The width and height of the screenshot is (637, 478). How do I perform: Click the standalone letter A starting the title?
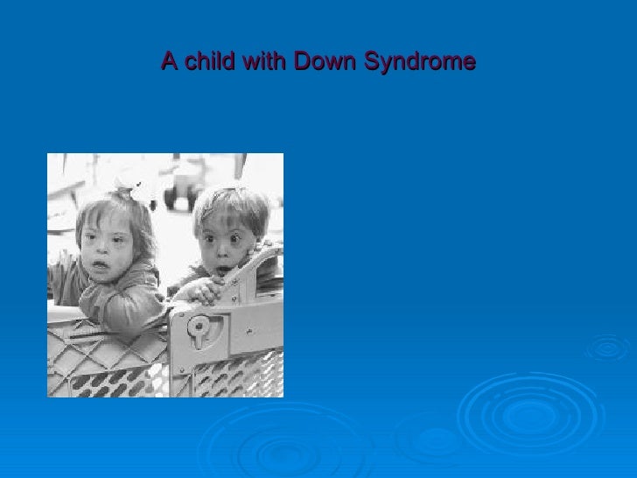click(x=169, y=62)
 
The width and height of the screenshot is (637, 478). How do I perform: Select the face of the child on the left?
click(x=106, y=245)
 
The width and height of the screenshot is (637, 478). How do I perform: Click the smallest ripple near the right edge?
click(x=607, y=348)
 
